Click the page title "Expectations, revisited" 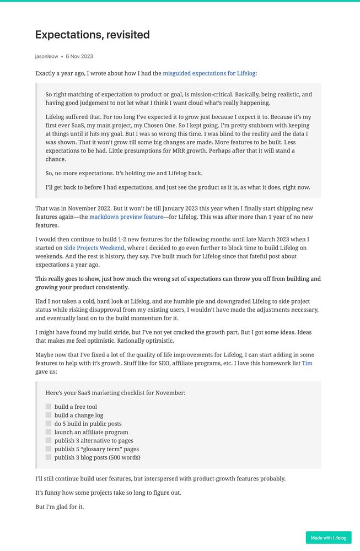point(92,35)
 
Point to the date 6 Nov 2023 point(79,56)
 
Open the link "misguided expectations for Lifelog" point(209,73)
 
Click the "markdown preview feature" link point(125,217)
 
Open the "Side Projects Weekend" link point(94,248)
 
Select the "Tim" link point(307,364)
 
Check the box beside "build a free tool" point(49,407)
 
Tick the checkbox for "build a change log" point(49,415)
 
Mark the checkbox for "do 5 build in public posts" point(49,424)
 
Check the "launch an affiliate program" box point(49,432)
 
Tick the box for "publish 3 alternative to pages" point(49,440)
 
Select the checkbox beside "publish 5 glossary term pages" point(49,449)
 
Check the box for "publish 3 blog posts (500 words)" point(49,457)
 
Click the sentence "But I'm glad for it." point(60,506)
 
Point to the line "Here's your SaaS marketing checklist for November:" point(115,393)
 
